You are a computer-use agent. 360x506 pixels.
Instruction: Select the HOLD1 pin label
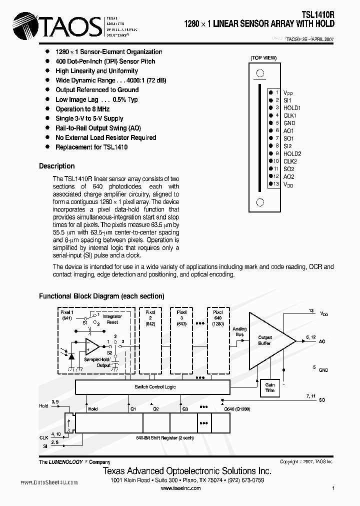(x=292, y=107)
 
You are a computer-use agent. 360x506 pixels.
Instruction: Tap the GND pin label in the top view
(x=289, y=123)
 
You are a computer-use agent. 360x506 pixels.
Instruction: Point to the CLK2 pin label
(x=290, y=161)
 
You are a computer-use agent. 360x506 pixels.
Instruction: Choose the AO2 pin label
(x=288, y=176)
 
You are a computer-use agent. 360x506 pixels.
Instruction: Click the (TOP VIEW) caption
(x=263, y=58)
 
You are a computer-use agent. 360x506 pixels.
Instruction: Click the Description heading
(x=56, y=166)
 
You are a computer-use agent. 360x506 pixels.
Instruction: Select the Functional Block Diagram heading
(x=101, y=296)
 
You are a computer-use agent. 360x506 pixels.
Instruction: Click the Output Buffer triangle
(x=268, y=340)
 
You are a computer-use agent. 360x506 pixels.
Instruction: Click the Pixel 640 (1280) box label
(x=217, y=317)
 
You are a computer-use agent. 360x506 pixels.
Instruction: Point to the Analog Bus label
(x=239, y=331)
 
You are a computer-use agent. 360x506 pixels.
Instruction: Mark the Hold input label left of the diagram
(x=43, y=406)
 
